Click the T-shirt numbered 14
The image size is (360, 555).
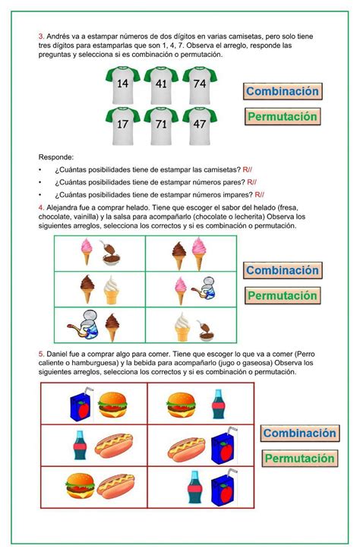(x=122, y=86)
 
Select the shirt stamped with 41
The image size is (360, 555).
(x=161, y=86)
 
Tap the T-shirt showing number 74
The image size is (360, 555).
(x=200, y=86)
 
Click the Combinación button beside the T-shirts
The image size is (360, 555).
(x=282, y=91)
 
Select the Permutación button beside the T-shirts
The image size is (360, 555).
(x=282, y=117)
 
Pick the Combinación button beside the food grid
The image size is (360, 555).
(x=299, y=434)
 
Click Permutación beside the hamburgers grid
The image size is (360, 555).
(x=299, y=459)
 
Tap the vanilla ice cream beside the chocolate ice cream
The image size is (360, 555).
(x=112, y=289)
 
